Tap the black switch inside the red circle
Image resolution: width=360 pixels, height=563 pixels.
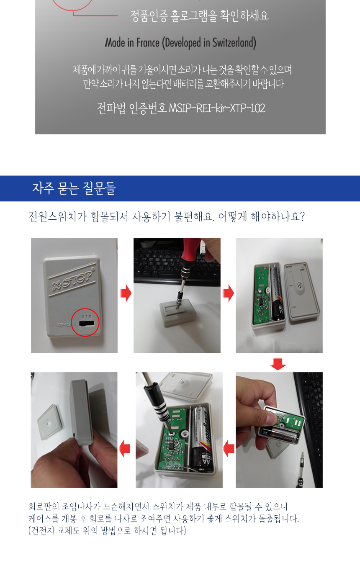pyautogui.click(x=87, y=323)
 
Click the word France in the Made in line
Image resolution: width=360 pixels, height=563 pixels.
pyautogui.click(x=148, y=42)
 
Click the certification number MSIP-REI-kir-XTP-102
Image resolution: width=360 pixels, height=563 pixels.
pyautogui.click(x=217, y=108)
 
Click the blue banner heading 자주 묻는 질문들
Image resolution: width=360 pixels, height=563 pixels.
pyautogui.click(x=74, y=188)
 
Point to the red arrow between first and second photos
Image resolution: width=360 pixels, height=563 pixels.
pyautogui.click(x=126, y=293)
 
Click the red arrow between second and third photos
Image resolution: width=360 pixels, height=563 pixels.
pyautogui.click(x=228, y=293)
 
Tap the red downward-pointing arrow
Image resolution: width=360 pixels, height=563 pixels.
pyautogui.click(x=278, y=364)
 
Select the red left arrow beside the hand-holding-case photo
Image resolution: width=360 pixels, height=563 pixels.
pyautogui.click(x=229, y=449)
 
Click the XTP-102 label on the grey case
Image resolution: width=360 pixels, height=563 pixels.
pyautogui.click(x=63, y=324)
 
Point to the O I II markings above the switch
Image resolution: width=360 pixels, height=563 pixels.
pyautogui.click(x=87, y=316)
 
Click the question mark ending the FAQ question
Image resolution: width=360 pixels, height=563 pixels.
pyautogui.click(x=302, y=216)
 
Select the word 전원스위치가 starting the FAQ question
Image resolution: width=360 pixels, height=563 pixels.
pyautogui.click(x=58, y=216)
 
